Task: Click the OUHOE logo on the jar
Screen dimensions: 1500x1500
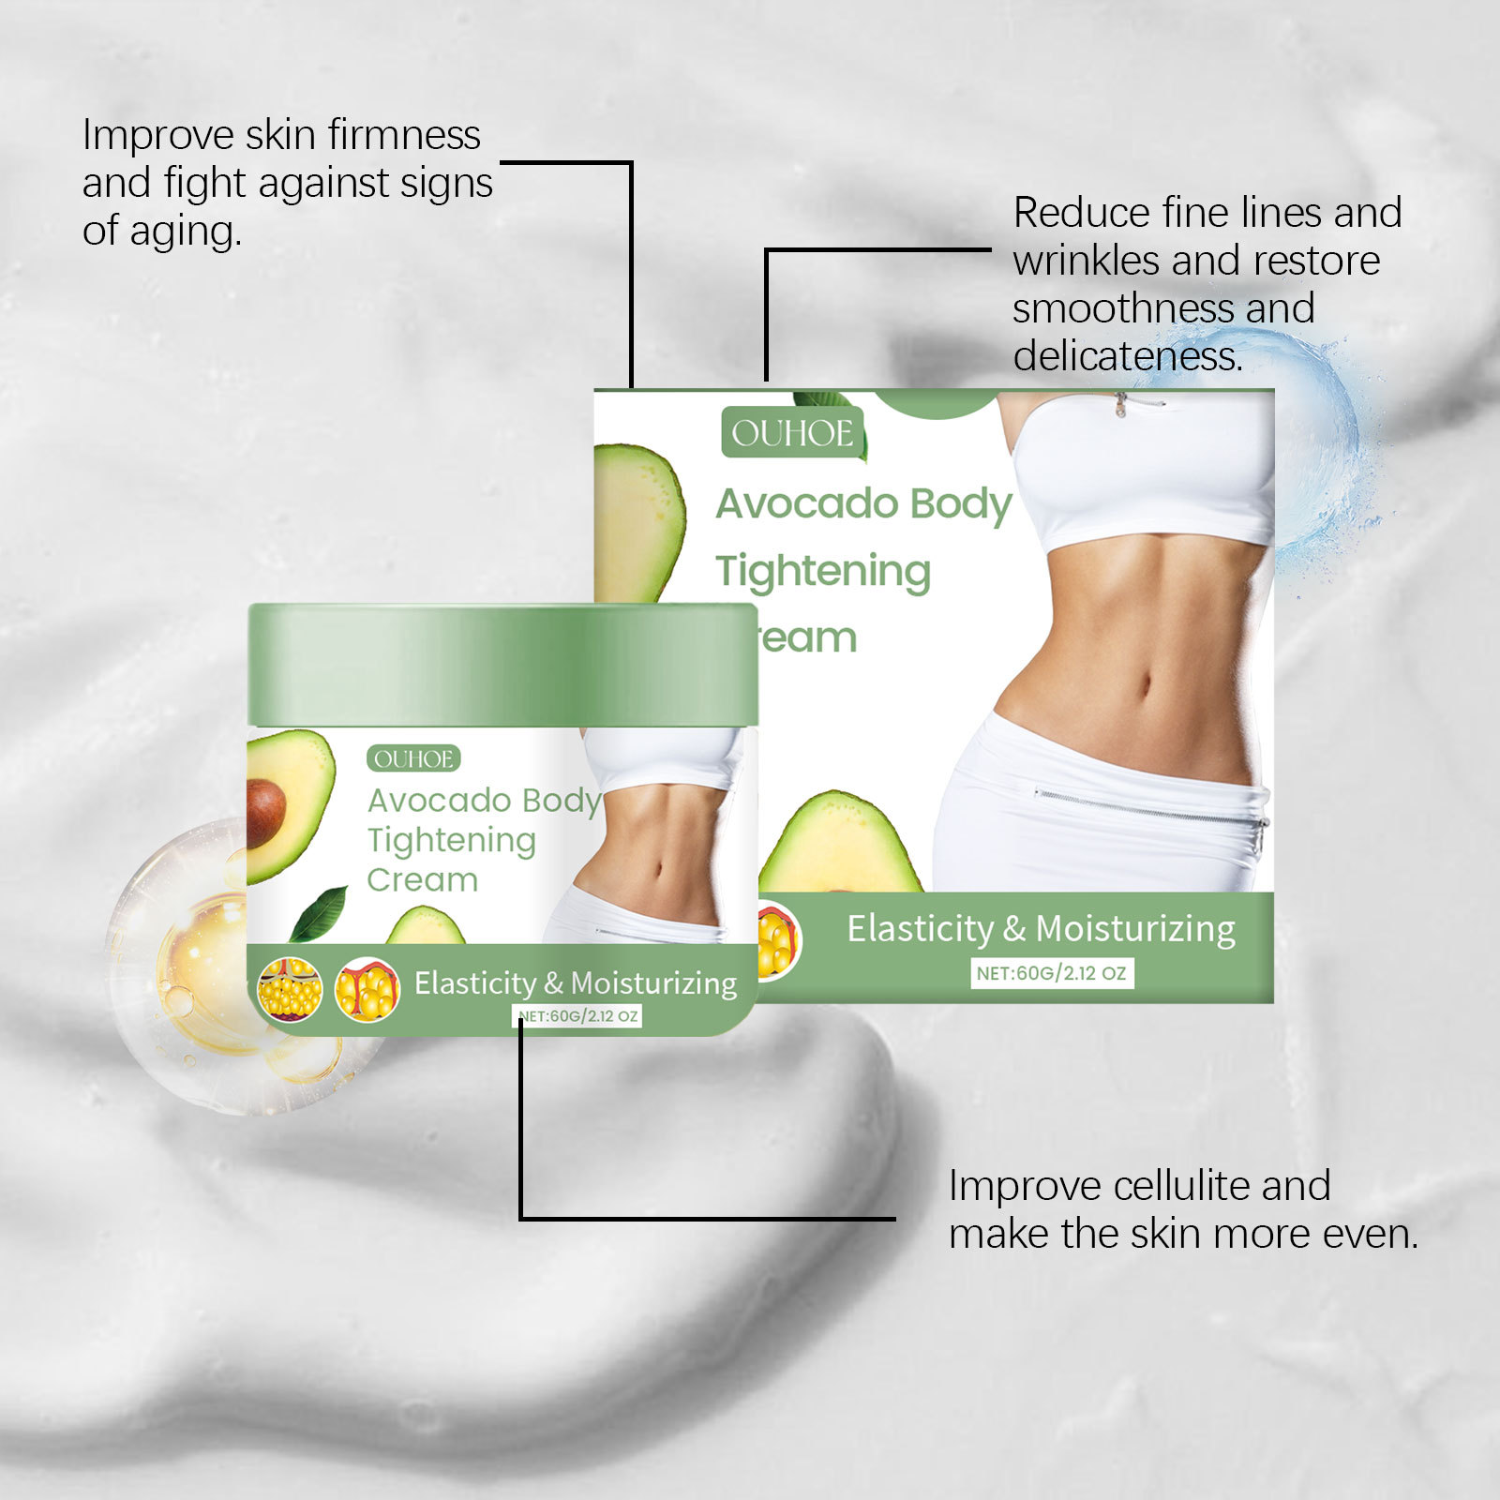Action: click(413, 758)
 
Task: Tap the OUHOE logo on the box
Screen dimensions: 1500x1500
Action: click(792, 433)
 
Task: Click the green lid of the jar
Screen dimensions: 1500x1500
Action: click(502, 665)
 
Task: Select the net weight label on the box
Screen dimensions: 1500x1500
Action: click(1051, 973)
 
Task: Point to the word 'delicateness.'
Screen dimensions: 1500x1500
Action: click(1128, 356)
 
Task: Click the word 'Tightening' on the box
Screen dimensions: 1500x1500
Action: click(823, 572)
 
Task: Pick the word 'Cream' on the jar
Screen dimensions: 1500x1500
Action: click(422, 880)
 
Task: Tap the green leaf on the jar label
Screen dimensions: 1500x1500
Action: click(319, 914)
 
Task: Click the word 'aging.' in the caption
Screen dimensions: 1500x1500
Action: click(186, 232)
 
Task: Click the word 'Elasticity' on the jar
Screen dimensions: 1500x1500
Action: click(474, 983)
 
